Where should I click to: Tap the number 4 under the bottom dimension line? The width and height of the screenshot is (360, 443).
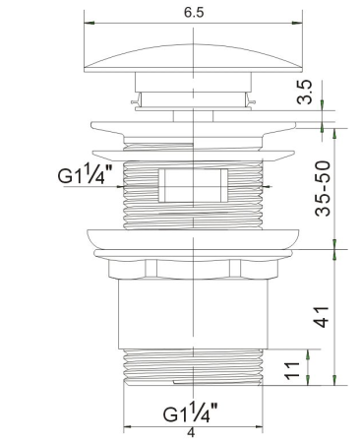(x=191, y=433)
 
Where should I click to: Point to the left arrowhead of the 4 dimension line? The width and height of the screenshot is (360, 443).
(x=128, y=426)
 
